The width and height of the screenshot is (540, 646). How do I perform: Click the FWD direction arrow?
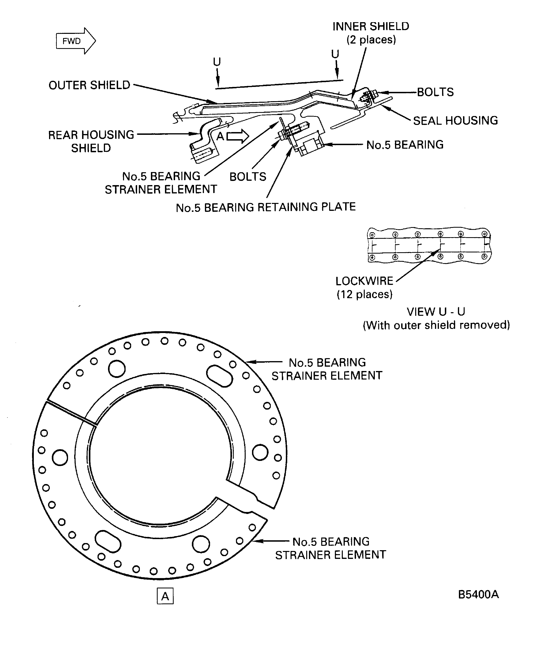click(76, 41)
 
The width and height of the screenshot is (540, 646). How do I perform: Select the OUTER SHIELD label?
click(89, 85)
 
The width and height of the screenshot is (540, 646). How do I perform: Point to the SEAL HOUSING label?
click(455, 121)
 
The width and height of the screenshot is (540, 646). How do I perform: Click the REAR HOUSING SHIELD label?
click(91, 142)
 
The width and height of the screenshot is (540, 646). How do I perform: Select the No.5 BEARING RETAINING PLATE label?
click(265, 207)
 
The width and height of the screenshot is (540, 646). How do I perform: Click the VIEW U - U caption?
click(436, 312)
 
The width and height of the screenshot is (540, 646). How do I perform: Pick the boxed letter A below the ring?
click(165, 596)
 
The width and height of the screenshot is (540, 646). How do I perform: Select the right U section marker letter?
click(335, 54)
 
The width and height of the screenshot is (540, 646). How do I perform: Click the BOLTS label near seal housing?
click(435, 92)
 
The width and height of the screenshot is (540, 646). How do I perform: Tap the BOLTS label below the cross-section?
click(248, 177)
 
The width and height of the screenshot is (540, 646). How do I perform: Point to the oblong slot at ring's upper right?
click(219, 376)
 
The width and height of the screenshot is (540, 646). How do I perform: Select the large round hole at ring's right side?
click(260, 452)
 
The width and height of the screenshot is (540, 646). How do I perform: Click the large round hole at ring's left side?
click(60, 458)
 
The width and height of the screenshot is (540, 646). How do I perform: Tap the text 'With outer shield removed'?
click(436, 325)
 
